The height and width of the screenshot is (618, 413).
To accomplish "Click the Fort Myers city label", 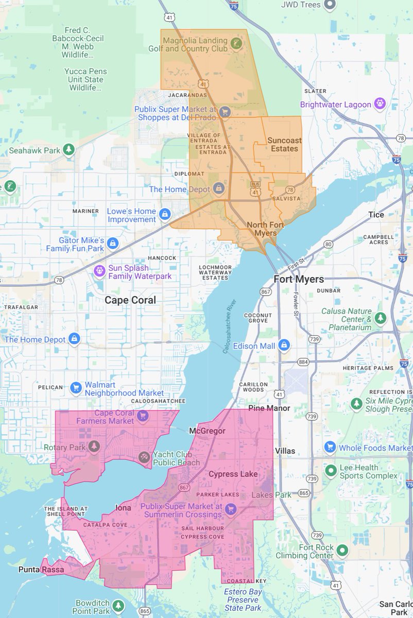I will (299, 279).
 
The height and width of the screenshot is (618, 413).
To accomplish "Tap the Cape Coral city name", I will (130, 300).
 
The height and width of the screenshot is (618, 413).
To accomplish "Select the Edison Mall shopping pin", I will (283, 345).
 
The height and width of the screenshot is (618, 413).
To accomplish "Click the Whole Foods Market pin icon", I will (330, 447).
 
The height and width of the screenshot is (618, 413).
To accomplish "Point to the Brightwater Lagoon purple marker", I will (380, 104).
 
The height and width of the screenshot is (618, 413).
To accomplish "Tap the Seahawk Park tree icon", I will (69, 150).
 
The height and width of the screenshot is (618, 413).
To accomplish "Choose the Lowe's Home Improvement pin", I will (165, 214).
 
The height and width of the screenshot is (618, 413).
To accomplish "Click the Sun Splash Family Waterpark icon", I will (99, 270).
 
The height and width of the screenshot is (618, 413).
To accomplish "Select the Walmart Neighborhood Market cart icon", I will (76, 387).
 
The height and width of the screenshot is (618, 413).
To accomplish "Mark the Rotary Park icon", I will (94, 446).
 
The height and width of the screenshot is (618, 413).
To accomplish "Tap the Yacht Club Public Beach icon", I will (144, 457).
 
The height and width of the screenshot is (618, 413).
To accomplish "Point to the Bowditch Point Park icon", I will (118, 606).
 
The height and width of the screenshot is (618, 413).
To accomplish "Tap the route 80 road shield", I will (329, 244).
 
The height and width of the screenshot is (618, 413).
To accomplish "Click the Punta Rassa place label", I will (41, 569).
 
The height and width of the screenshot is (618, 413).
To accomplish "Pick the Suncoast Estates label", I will (282, 144).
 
